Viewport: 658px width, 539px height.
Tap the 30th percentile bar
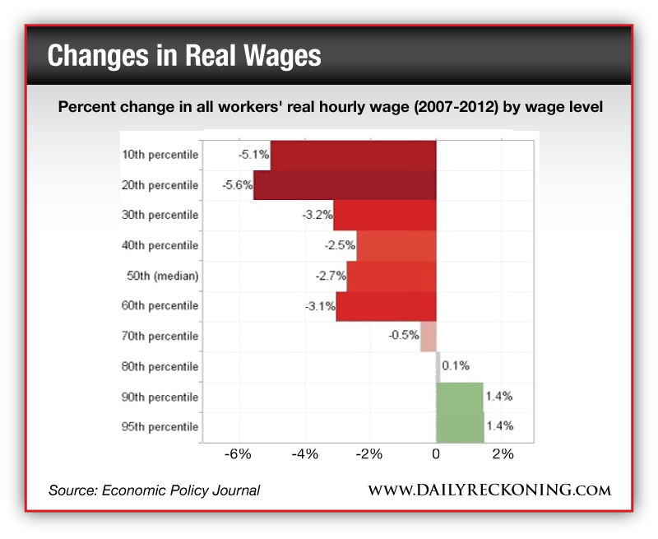pyautogui.click(x=384, y=215)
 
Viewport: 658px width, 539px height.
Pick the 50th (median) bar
pyautogui.click(x=391, y=276)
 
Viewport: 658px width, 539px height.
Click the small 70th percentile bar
pyautogui.click(x=428, y=336)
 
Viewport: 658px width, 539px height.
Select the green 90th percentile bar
pyautogui.click(x=459, y=397)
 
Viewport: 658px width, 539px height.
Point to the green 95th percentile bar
pyautogui.click(x=459, y=426)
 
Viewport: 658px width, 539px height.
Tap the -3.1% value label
pyautogui.click(x=319, y=306)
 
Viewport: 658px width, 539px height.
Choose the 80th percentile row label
pyautogui.click(x=160, y=366)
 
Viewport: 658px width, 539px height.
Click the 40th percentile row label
pyautogui.click(x=160, y=245)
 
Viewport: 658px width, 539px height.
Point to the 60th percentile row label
pyautogui.click(x=160, y=306)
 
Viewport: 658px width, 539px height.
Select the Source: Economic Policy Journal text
pyautogui.click(x=154, y=490)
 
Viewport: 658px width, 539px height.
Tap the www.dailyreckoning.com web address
pyautogui.click(x=489, y=490)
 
